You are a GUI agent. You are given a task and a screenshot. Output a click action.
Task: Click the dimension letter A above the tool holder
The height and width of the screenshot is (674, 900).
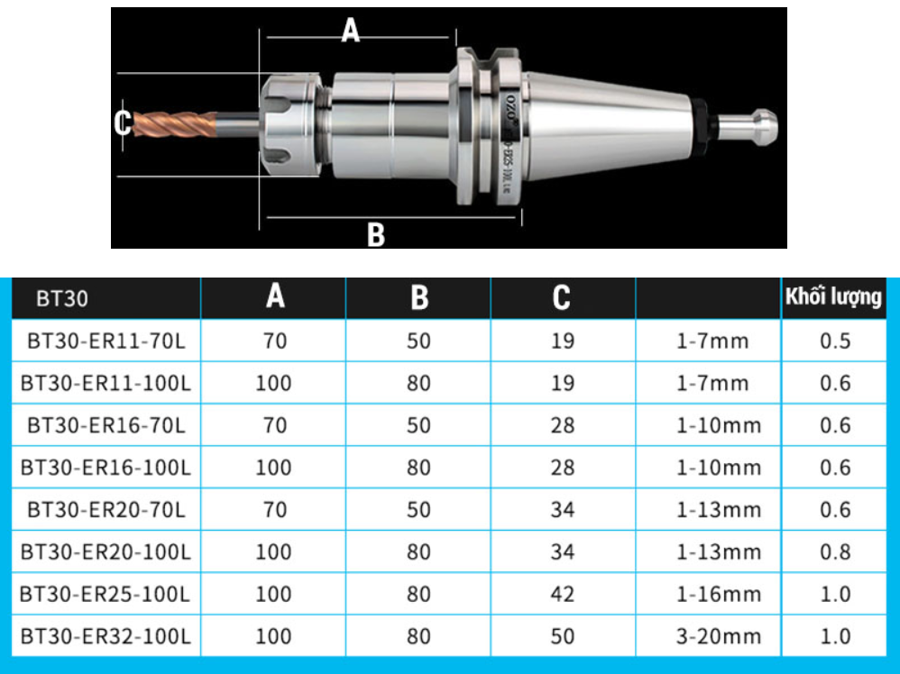point(350,30)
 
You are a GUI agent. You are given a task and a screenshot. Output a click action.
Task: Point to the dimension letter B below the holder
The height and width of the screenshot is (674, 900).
point(375,234)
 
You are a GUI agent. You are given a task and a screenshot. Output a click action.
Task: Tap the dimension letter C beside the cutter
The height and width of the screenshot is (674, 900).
point(123,123)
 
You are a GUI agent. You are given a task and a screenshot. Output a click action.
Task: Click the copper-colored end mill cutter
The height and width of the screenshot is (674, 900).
point(175,124)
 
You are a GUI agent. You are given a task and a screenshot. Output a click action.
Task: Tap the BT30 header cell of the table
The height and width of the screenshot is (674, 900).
point(62,298)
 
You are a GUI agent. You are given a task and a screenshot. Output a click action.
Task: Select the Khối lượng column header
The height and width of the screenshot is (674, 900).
point(833,297)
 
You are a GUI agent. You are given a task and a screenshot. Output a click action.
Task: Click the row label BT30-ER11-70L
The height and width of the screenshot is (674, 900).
point(106,342)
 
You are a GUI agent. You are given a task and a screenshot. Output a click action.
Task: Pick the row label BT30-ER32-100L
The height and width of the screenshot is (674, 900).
point(106,636)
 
